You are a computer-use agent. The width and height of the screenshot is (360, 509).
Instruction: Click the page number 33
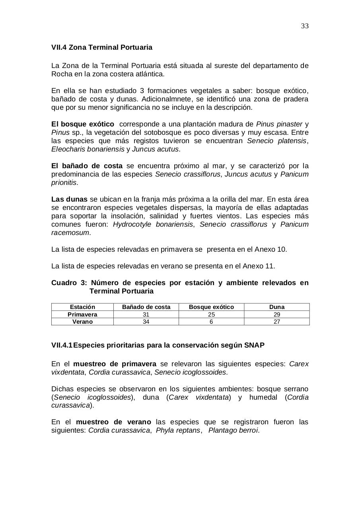(x=305, y=26)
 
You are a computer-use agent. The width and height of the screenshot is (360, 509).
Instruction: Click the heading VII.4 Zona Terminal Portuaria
(x=101, y=47)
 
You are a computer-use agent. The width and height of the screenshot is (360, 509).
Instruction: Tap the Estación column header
(x=82, y=307)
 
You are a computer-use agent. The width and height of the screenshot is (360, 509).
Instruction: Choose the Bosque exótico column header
(x=211, y=307)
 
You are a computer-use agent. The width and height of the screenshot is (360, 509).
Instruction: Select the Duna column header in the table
(x=277, y=307)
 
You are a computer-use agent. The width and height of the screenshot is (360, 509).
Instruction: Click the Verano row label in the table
(x=82, y=322)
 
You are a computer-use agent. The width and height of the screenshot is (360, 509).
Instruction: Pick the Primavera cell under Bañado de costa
(x=146, y=315)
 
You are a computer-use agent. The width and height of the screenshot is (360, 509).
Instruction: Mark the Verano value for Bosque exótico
(x=211, y=322)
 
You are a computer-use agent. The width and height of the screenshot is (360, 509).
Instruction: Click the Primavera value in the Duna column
(x=277, y=315)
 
